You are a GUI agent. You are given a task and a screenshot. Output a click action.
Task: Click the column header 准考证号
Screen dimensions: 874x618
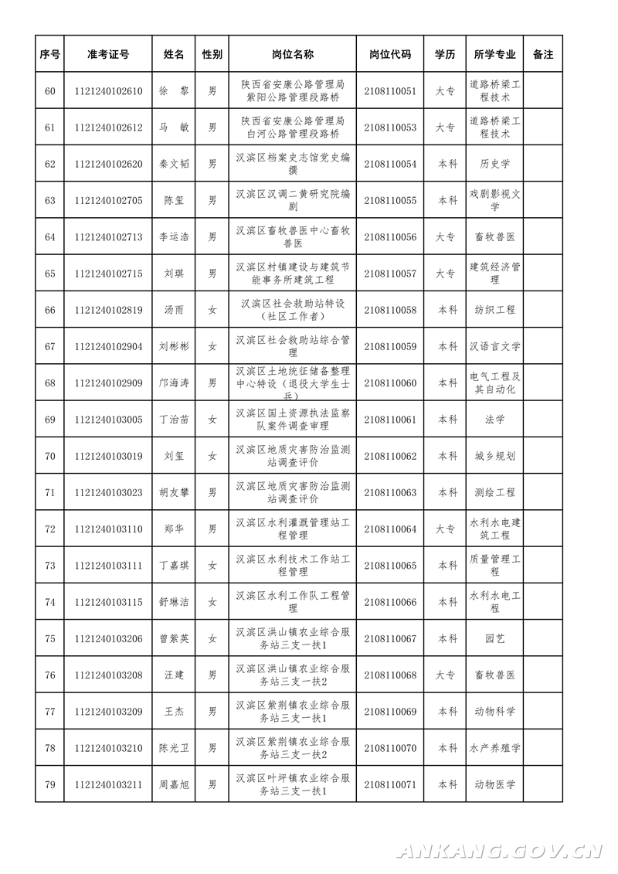[x=108, y=55]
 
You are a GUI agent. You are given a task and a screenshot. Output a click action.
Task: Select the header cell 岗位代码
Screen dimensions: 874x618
[x=389, y=55]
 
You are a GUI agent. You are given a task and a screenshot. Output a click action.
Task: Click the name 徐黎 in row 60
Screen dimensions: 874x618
[x=173, y=91]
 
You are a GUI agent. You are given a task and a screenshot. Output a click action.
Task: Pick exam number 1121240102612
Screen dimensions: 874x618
[x=108, y=128]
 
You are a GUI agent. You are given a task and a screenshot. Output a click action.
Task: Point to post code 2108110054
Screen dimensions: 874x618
[x=389, y=164]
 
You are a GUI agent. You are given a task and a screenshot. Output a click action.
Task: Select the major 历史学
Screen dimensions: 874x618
[x=494, y=164]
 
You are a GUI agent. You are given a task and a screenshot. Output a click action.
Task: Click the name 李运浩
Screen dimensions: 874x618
[x=173, y=237]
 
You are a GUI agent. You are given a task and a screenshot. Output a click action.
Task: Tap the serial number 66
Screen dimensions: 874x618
[x=50, y=310]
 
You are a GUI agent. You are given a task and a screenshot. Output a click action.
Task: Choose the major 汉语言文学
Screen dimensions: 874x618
[x=494, y=346]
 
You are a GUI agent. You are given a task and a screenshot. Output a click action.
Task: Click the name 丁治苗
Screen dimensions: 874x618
[x=173, y=420]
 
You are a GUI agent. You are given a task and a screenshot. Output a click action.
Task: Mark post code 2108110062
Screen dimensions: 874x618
[x=389, y=456]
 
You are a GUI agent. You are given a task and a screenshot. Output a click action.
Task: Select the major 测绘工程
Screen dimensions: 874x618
[x=494, y=492]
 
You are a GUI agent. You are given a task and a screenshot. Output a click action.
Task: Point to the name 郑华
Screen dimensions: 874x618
[x=173, y=529]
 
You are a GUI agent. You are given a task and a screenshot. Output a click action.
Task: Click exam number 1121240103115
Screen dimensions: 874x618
[x=108, y=602]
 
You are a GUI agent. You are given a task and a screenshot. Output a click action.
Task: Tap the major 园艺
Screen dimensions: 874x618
[x=494, y=638]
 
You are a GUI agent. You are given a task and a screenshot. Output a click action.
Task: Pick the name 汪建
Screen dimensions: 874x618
[x=173, y=675]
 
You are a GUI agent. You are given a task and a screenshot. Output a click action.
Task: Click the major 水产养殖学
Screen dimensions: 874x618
[x=494, y=748]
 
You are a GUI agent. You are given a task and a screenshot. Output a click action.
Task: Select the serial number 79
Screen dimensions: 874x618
[x=50, y=784]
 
